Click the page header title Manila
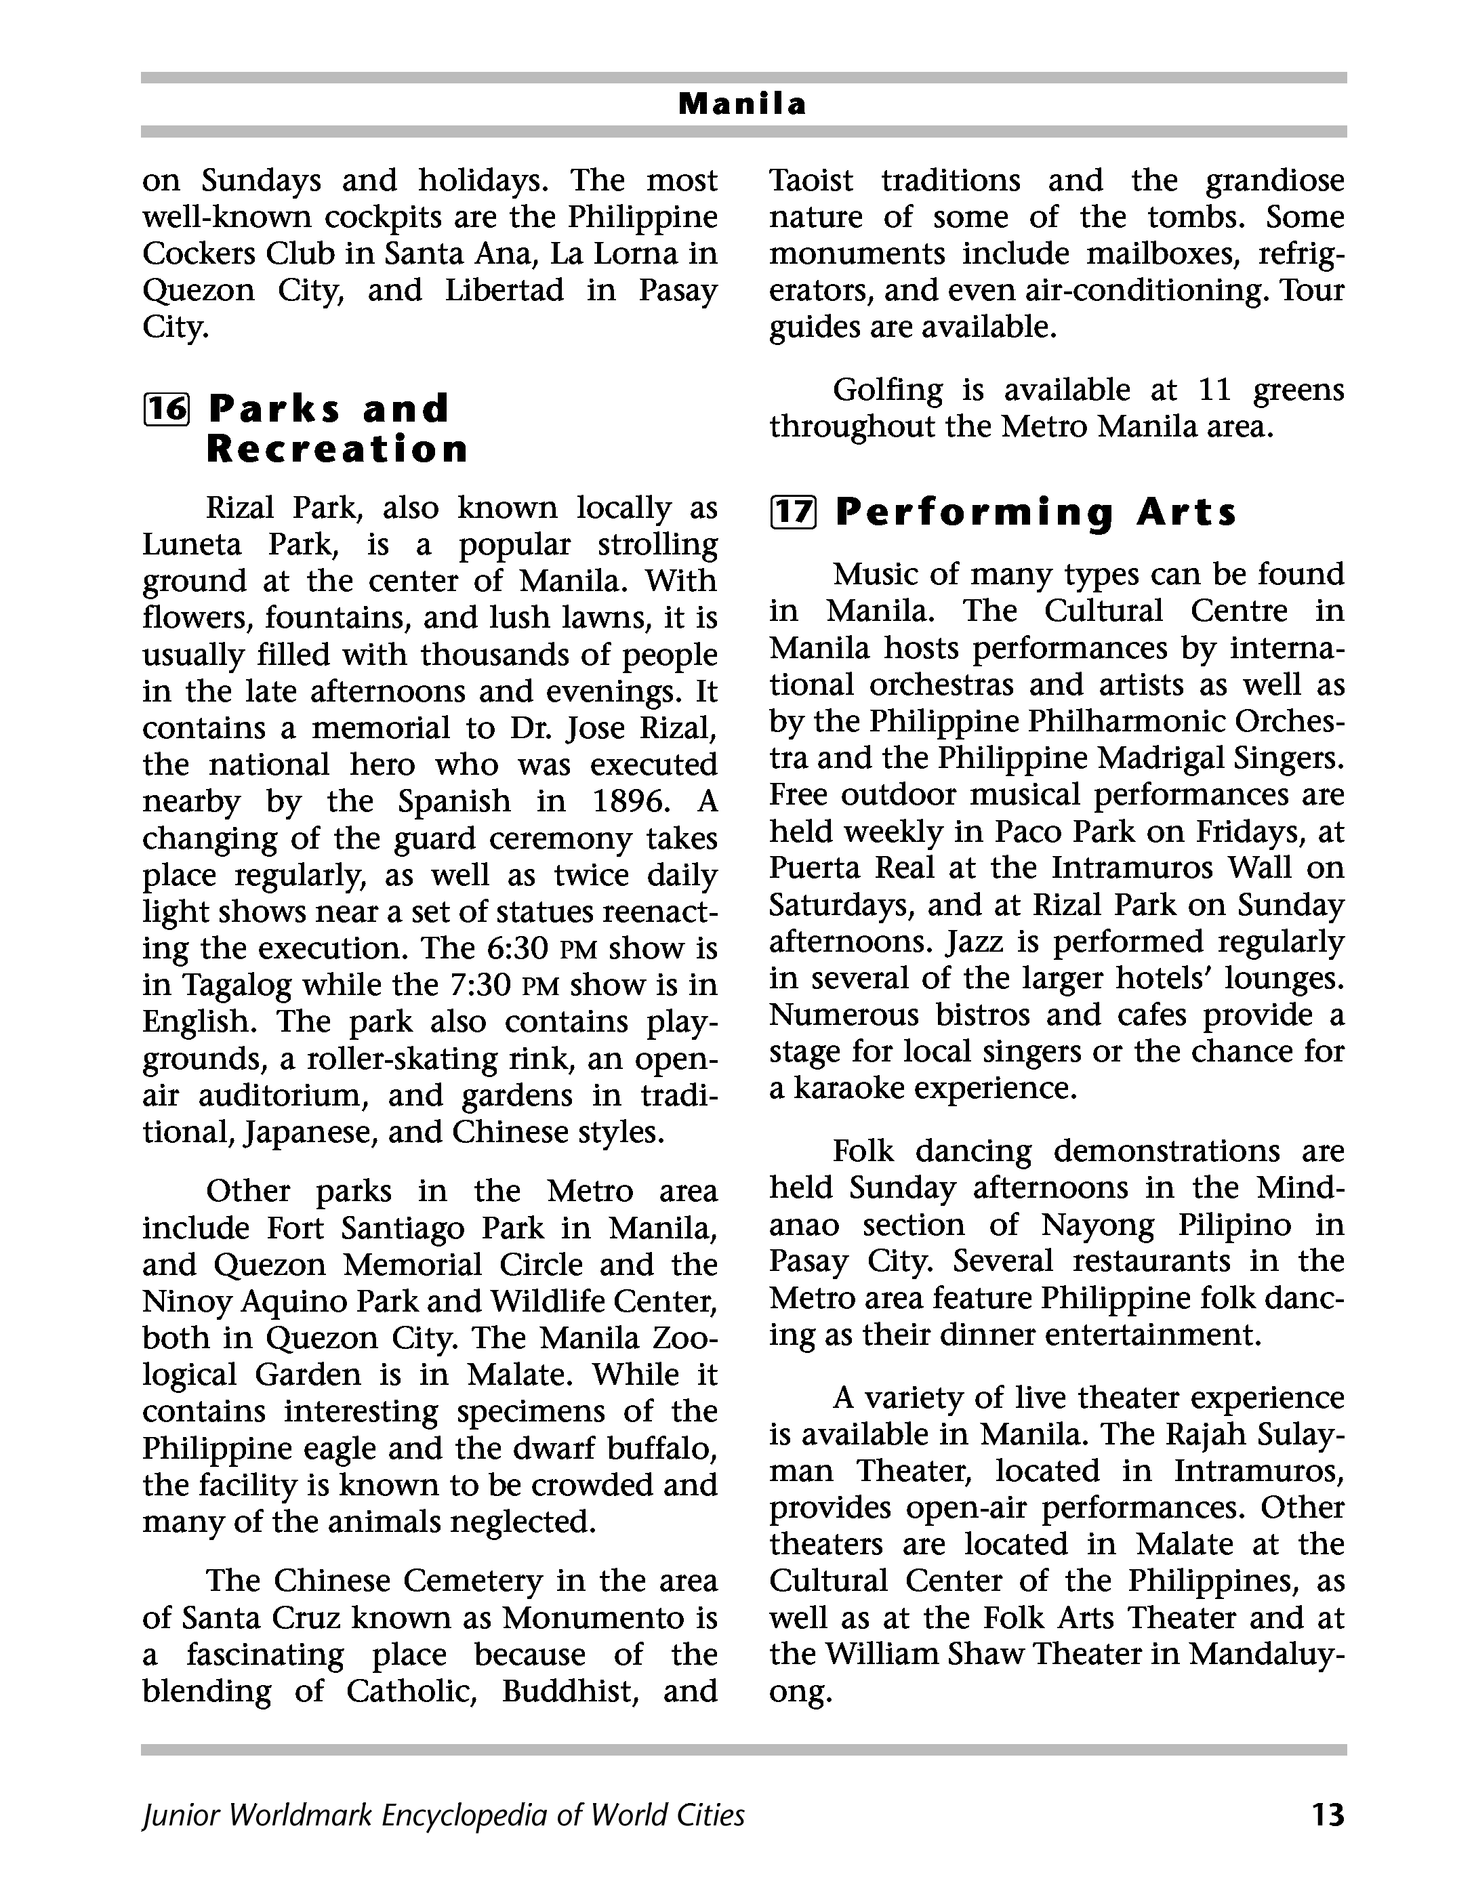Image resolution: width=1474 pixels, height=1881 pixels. pos(742,104)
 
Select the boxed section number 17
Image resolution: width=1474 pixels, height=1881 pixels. pos(792,512)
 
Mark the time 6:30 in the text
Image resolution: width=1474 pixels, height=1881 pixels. pos(518,949)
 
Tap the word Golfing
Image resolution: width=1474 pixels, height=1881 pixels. pos(887,390)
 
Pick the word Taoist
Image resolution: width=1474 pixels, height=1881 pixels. pos(811,180)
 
